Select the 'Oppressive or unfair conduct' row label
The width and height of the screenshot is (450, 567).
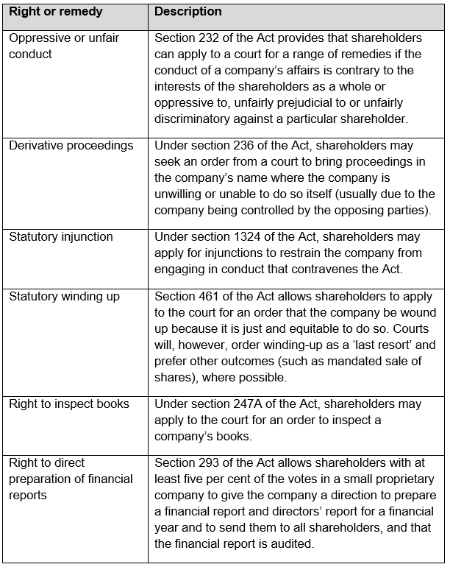pyautogui.click(x=65, y=46)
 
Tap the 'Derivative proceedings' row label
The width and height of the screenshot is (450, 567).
pyautogui.click(x=71, y=146)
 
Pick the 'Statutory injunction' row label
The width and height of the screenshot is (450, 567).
pyautogui.click(x=61, y=237)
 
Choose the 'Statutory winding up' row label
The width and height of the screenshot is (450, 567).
pyautogui.click(x=64, y=296)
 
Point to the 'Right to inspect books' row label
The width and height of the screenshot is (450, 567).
pyautogui.click(x=69, y=404)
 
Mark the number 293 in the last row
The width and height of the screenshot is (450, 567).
pyautogui.click(x=210, y=462)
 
